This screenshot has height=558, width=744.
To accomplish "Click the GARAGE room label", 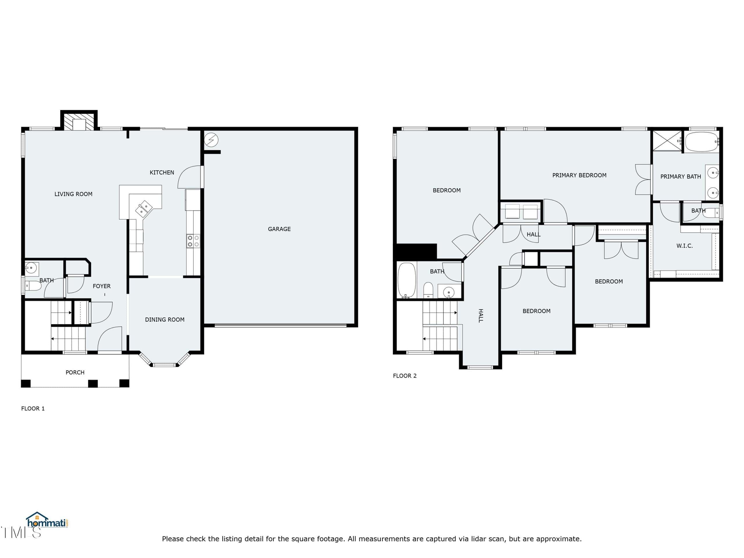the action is [279, 229].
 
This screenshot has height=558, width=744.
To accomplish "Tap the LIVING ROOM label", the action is [73, 194].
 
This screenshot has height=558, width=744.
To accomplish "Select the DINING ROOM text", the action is [165, 319].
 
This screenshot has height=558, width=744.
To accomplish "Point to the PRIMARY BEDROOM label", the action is [579, 175].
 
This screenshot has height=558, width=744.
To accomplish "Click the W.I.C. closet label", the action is [684, 246].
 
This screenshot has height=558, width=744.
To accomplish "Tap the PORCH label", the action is [75, 372].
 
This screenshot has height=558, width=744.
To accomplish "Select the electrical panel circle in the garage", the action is [211, 139].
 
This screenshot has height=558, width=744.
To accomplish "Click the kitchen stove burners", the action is [193, 241].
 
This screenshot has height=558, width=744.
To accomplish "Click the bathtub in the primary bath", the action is [702, 142].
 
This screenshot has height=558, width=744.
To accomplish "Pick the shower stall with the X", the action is [667, 141].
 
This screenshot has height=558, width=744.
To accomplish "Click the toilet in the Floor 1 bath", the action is [33, 286].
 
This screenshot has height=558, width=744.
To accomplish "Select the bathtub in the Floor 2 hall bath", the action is [407, 280].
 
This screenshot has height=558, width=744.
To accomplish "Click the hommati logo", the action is [47, 521].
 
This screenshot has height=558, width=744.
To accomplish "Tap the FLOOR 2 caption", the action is [405, 376].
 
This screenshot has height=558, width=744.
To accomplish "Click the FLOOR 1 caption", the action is [33, 408].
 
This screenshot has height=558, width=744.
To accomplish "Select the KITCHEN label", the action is [162, 173].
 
